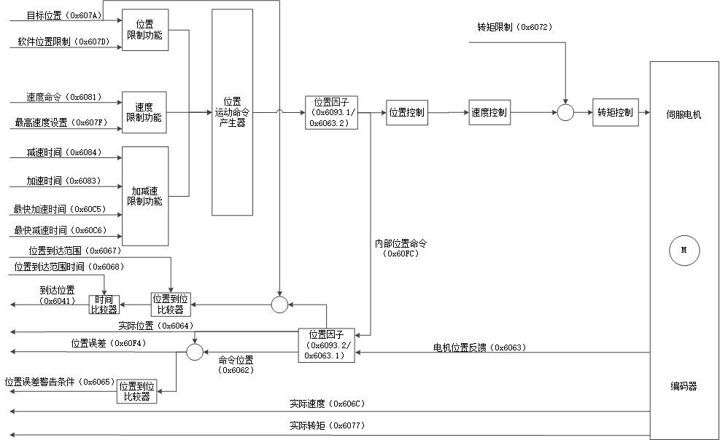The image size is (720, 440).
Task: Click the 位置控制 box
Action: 407,113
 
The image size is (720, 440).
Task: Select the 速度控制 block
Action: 489,113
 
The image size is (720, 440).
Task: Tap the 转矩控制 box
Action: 616,112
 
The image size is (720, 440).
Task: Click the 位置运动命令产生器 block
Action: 233,112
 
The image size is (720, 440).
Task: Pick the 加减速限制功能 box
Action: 145,196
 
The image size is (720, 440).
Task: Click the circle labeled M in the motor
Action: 684,250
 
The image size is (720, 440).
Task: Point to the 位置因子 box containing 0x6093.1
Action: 331,112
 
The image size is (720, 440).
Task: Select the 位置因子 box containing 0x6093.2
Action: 326,345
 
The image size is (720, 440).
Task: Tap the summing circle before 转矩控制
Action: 565,112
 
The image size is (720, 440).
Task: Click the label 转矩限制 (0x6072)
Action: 514,27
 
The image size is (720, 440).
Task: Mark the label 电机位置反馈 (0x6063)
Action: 479,347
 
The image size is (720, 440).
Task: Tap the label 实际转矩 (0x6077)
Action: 326,425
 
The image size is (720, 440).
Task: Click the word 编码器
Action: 684,386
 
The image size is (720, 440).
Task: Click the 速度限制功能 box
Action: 144,112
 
